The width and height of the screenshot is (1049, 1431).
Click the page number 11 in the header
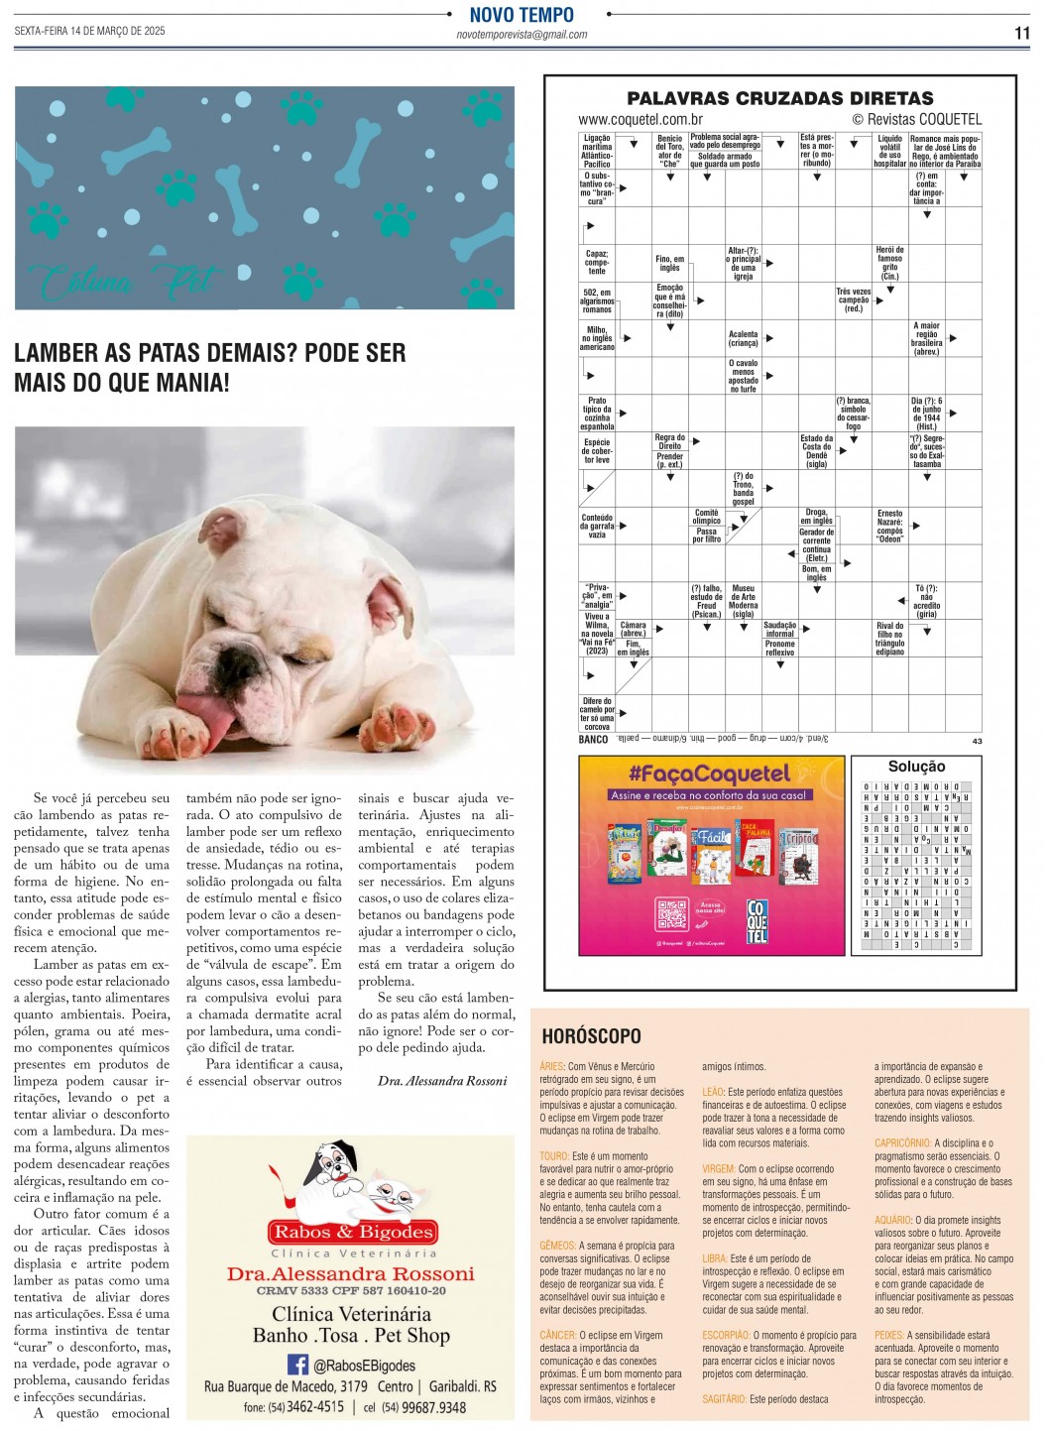tap(1021, 33)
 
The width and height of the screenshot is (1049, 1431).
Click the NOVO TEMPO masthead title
tap(522, 15)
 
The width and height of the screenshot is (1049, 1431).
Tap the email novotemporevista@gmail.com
tap(522, 35)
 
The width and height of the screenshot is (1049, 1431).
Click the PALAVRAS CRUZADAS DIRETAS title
tap(780, 98)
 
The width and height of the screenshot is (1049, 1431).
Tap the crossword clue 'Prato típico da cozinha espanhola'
tap(597, 414)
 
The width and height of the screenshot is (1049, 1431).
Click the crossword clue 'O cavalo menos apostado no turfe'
tap(743, 376)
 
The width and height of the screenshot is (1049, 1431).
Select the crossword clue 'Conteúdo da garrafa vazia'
tap(597, 526)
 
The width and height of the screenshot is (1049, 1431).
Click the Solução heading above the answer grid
tap(916, 767)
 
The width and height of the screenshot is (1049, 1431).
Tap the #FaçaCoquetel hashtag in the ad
tap(710, 774)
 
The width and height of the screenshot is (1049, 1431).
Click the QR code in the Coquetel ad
tap(671, 913)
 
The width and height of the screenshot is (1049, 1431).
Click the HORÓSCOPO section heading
tap(591, 1036)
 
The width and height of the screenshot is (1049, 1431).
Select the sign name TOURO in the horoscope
tap(554, 1156)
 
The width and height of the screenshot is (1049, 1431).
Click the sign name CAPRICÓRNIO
tap(902, 1143)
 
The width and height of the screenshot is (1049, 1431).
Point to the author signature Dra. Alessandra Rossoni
tap(442, 1081)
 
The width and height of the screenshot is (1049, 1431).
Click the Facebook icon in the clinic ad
tap(297, 1365)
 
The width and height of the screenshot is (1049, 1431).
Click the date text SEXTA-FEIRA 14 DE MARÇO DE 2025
tap(89, 31)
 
